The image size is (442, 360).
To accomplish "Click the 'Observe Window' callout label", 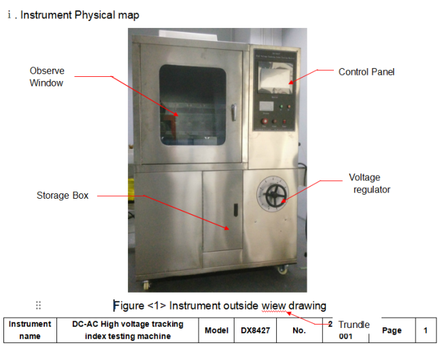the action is (x=47, y=77).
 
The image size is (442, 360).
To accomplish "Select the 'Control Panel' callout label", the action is (x=366, y=72).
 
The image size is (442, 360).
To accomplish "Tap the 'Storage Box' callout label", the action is (x=63, y=195).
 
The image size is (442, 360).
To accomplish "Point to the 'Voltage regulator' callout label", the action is (x=369, y=183).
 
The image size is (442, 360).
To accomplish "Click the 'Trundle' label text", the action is (x=354, y=325).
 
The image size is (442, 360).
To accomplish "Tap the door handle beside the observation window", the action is (x=234, y=112).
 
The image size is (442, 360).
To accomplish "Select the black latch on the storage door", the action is (x=236, y=210).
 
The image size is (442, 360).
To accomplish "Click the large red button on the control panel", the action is (x=265, y=121).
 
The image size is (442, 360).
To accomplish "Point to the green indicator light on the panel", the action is (x=281, y=107).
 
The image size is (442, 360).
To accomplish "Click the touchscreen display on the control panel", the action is (x=275, y=78).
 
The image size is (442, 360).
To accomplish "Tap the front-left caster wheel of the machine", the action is (x=146, y=285).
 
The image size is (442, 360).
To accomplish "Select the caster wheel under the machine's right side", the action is (x=282, y=269).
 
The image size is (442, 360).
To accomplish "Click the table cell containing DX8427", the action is (x=256, y=330).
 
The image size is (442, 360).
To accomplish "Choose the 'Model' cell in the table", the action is (x=216, y=330).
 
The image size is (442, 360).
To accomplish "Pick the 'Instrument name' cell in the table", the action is (x=30, y=330).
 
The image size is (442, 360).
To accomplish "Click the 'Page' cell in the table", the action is (x=392, y=330).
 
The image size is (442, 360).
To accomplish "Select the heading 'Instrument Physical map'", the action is (x=80, y=15).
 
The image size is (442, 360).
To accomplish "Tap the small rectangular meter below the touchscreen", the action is (x=267, y=106).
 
